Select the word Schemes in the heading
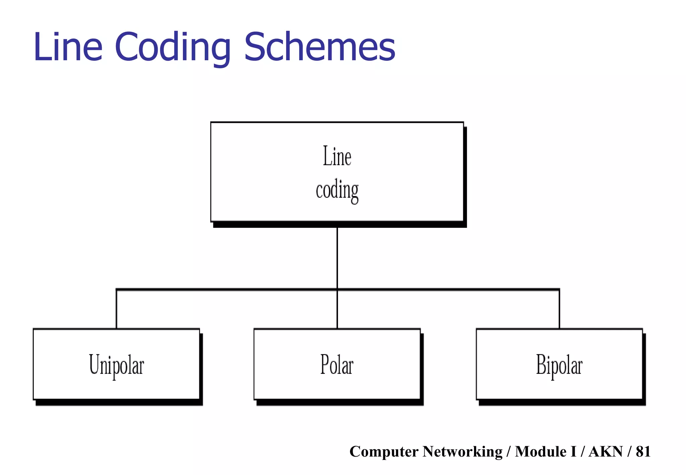(x=320, y=47)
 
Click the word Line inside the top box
(x=337, y=156)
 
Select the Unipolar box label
(x=117, y=365)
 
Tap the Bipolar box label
(x=559, y=365)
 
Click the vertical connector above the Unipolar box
(x=116, y=309)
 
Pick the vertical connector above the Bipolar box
(x=559, y=309)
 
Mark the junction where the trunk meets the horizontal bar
(x=337, y=289)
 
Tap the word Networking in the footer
(x=463, y=452)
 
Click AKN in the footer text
(x=606, y=452)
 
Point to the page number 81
(x=643, y=452)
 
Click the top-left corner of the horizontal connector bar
(x=117, y=289)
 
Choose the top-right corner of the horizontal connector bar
(x=559, y=289)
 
